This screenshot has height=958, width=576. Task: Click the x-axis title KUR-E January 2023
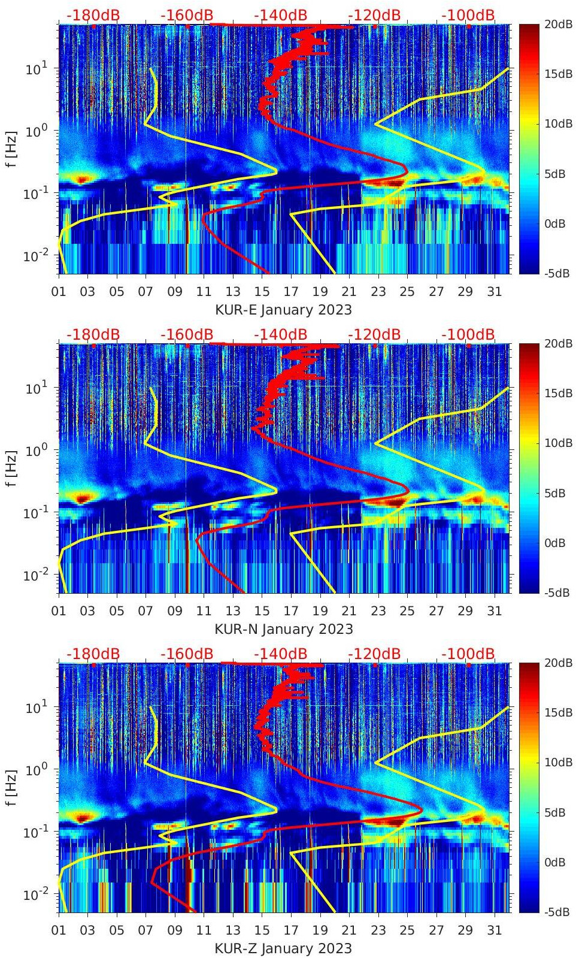(x=283, y=310)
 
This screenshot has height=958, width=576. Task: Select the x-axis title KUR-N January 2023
(x=283, y=629)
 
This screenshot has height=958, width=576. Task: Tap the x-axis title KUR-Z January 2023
(x=283, y=948)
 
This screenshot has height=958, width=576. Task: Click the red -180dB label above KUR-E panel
(x=93, y=15)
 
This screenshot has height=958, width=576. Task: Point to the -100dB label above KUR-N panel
(x=468, y=334)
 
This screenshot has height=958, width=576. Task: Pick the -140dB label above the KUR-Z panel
(x=280, y=654)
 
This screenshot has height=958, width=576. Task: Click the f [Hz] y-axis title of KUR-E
(x=11, y=149)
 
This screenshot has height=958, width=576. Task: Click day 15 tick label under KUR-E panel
(x=262, y=292)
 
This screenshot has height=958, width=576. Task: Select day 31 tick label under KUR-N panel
(x=494, y=611)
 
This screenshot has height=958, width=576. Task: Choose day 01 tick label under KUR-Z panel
(x=59, y=930)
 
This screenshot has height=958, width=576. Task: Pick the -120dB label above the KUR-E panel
(x=374, y=15)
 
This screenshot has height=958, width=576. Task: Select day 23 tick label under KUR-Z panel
(x=378, y=930)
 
